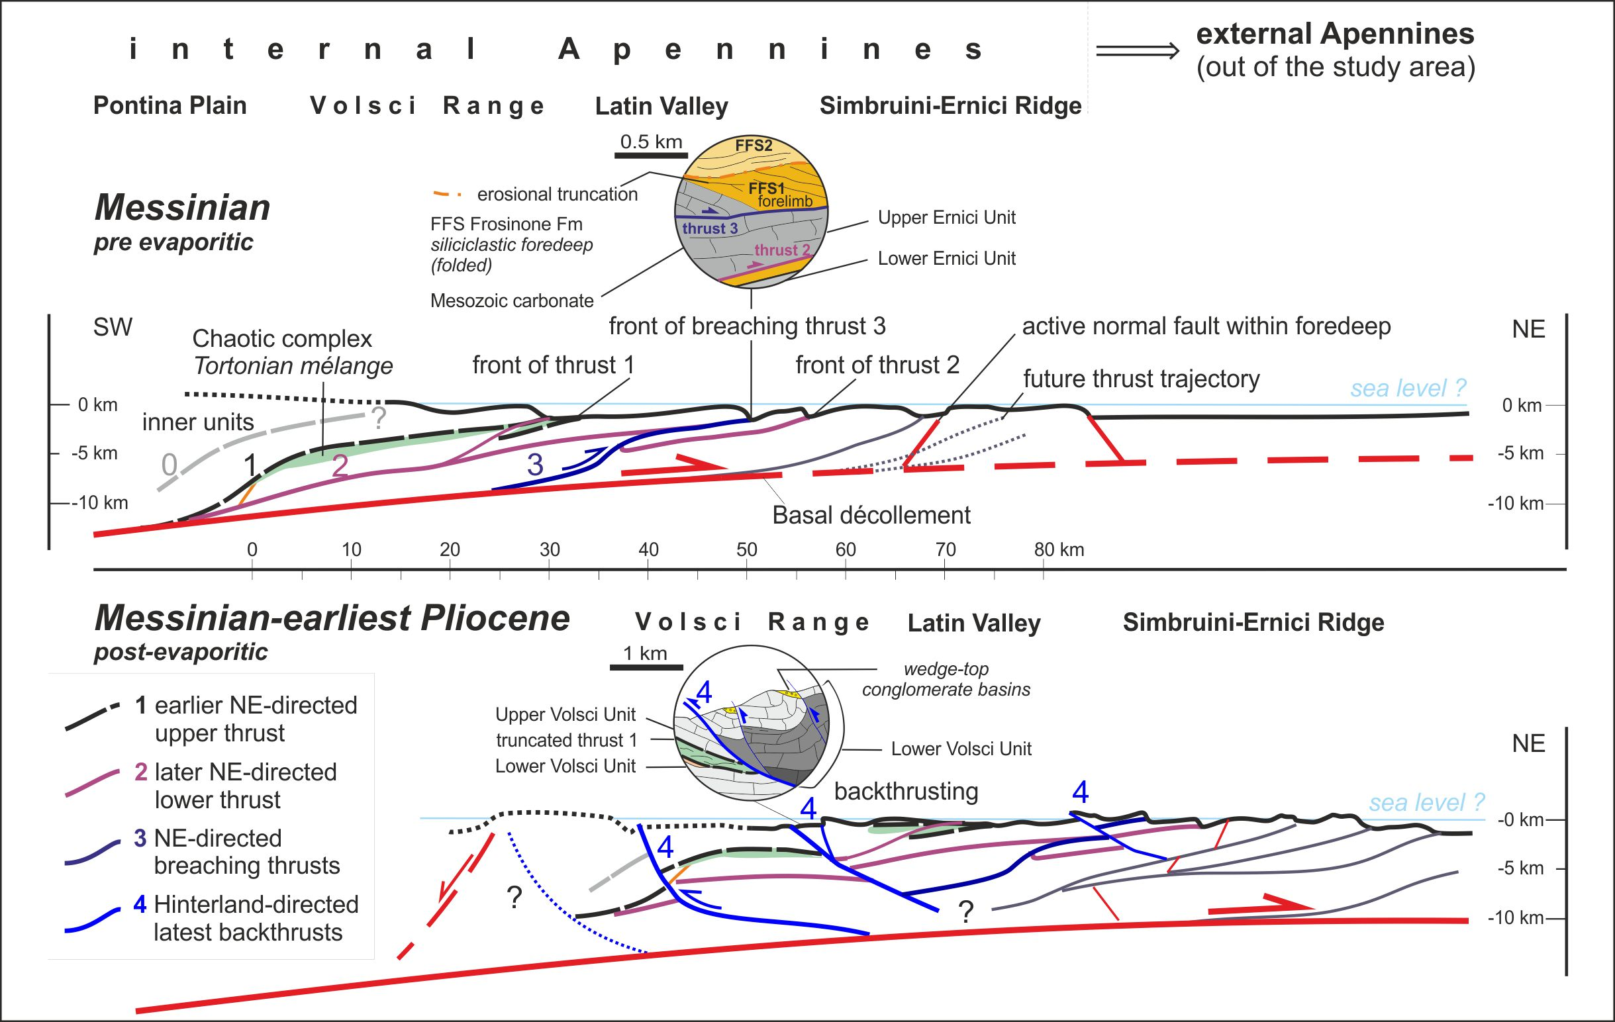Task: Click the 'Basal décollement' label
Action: (871, 515)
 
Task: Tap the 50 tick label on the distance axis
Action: (746, 550)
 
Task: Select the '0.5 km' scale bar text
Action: (650, 142)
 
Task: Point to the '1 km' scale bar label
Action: (644, 653)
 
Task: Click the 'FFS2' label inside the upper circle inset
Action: (753, 146)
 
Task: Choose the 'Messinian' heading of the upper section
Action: (183, 207)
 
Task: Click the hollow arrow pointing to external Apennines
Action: (1137, 51)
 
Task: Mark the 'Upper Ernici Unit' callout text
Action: (946, 217)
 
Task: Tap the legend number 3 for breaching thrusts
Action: (140, 838)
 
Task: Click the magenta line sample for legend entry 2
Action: (92, 783)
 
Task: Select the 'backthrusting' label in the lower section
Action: (905, 791)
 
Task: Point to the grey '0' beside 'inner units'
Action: (169, 464)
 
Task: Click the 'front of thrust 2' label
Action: (877, 365)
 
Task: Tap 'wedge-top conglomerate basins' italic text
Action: (946, 678)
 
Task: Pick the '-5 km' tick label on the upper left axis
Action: (95, 453)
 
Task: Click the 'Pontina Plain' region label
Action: (170, 106)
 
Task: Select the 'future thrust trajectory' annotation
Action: (1141, 379)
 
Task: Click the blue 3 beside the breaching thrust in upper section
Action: (534, 465)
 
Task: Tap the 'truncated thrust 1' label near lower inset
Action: (566, 739)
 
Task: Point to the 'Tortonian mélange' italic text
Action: (293, 366)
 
